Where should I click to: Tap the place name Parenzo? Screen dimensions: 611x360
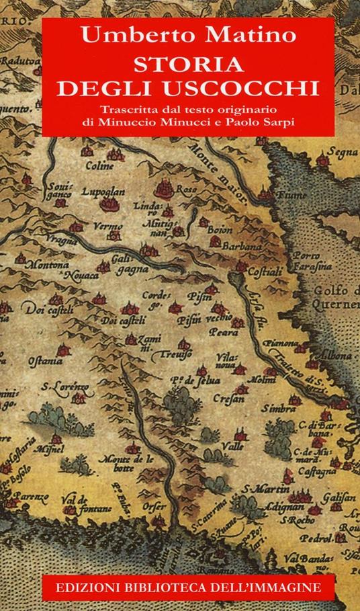(31, 498)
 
